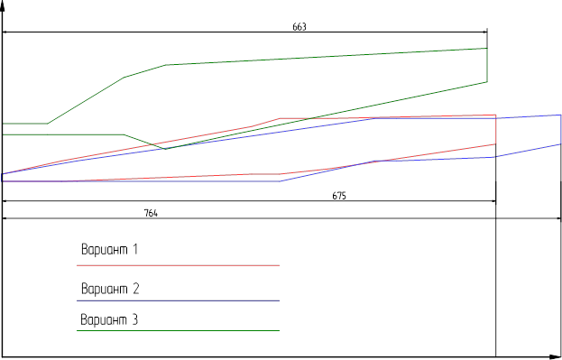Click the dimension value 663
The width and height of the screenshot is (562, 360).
coord(299,27)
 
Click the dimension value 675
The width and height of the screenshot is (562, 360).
coord(339,196)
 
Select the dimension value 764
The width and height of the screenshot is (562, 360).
coord(151,213)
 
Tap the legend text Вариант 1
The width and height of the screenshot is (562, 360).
coord(109,249)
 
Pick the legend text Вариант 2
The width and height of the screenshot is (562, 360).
coord(110,289)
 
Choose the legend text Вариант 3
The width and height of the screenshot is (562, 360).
coord(109,319)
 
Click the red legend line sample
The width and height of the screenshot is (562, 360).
coord(178,265)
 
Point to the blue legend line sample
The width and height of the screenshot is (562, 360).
coord(178,300)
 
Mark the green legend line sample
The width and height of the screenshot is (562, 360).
coord(178,330)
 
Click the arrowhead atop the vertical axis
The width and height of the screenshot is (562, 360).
coord(3,5)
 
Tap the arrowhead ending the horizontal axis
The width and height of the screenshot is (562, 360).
coord(556,357)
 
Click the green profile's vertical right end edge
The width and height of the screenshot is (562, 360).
coord(487,65)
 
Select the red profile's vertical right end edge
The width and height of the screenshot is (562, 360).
coord(495,129)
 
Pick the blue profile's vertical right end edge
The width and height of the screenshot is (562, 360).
coord(560,129)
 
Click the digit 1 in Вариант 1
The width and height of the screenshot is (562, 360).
coord(135,249)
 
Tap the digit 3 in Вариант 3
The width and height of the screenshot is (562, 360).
coord(134,319)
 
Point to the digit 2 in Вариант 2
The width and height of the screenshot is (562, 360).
coord(135,289)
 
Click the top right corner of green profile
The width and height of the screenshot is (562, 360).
coord(487,48)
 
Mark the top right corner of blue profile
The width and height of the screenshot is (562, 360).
coord(560,115)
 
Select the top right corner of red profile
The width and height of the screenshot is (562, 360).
coord(495,115)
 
